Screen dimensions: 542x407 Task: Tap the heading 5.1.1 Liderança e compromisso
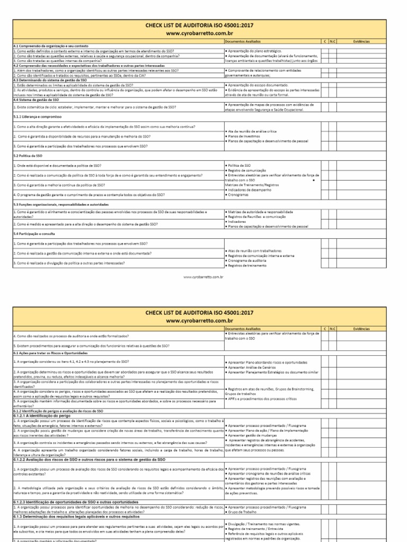[x=37, y=116]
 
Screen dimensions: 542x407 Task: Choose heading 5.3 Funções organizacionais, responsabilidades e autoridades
[x=61, y=204]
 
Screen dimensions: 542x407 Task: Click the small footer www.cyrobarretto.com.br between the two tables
[x=203, y=276]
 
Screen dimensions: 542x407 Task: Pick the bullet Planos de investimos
[x=246, y=135]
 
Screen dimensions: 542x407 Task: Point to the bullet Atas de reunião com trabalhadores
[x=254, y=250]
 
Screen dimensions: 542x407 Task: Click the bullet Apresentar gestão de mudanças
[x=255, y=435]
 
